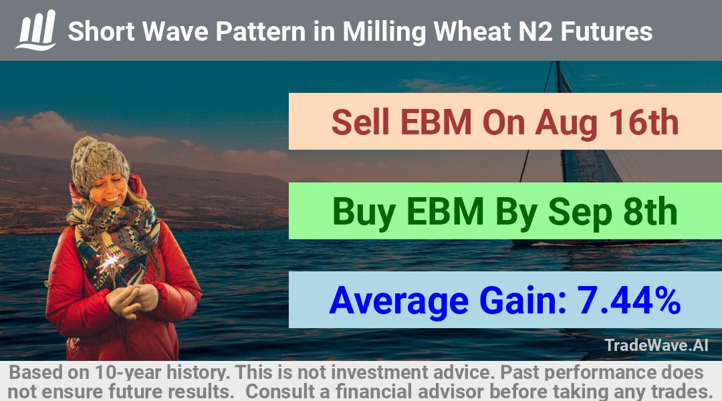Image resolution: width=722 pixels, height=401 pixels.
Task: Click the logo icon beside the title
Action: (x=36, y=30)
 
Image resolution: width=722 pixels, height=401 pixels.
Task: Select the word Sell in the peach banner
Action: (x=360, y=122)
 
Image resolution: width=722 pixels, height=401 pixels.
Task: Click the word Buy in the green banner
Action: (x=364, y=213)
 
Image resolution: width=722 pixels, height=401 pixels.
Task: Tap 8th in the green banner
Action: (x=650, y=211)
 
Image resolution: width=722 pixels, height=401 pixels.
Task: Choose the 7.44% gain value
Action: (x=629, y=300)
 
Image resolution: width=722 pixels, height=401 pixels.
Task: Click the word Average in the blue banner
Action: (x=398, y=301)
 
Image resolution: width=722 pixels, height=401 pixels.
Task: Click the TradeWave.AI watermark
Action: (x=656, y=346)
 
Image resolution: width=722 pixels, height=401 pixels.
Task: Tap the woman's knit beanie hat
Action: (x=99, y=164)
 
